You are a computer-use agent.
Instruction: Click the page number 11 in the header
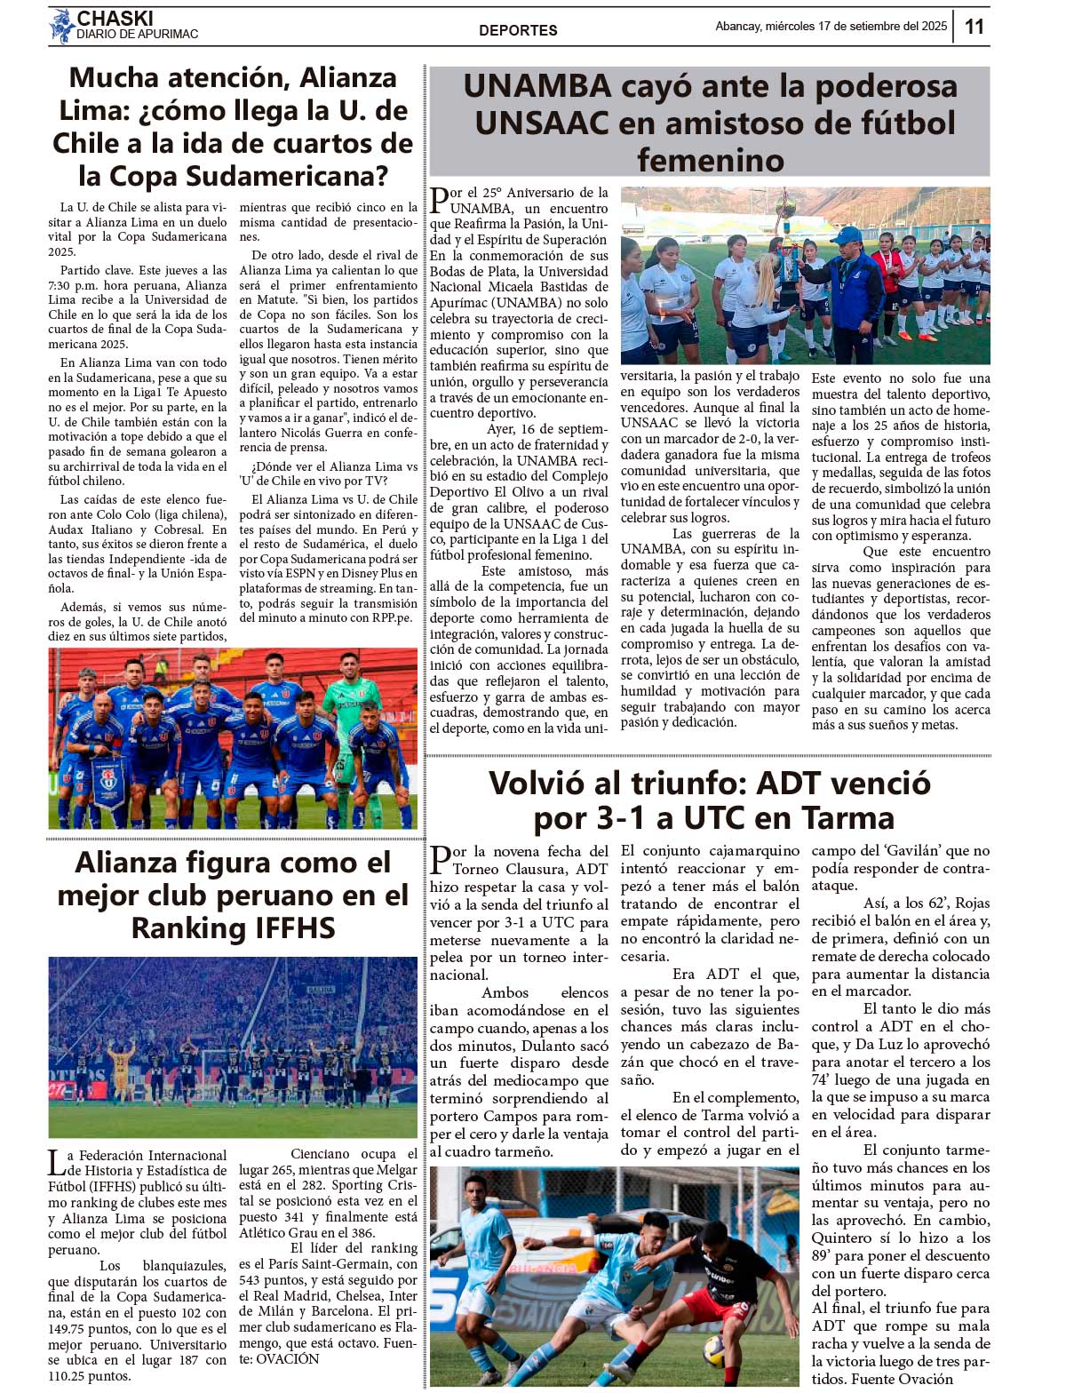coord(974,27)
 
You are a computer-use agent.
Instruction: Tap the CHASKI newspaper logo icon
coord(61,26)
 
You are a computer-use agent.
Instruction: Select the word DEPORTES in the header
coord(518,30)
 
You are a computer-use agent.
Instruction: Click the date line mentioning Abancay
coord(831,27)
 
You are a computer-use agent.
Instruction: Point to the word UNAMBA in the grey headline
coord(538,86)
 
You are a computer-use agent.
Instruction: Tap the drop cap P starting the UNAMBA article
coord(440,201)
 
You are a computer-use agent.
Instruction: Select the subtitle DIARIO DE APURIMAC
coord(138,35)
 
